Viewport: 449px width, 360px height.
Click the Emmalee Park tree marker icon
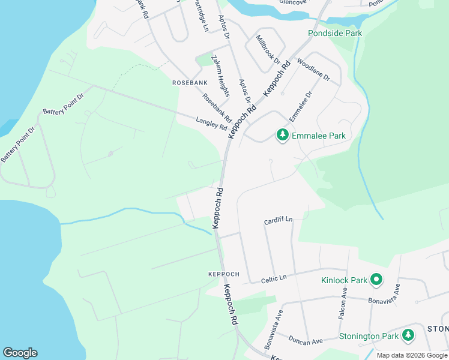pyautogui.click(x=282, y=136)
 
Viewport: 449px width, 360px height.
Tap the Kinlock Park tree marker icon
pyautogui.click(x=376, y=280)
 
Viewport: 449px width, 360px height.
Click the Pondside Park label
pyautogui.click(x=335, y=34)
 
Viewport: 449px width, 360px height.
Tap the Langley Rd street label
pyautogui.click(x=211, y=124)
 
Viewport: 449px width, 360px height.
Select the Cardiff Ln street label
pyautogui.click(x=278, y=221)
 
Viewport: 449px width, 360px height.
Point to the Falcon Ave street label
pyautogui.click(x=344, y=302)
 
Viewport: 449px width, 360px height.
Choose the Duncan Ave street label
pyautogui.click(x=306, y=341)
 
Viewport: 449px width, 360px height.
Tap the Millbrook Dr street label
pyautogui.click(x=268, y=49)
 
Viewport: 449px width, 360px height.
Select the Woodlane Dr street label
pyautogui.click(x=313, y=69)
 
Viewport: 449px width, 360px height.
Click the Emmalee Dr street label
pyautogui.click(x=301, y=106)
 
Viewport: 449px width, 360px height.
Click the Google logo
pyautogui.click(x=20, y=353)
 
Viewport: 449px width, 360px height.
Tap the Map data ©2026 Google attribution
pyautogui.click(x=411, y=355)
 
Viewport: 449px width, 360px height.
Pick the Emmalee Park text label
pyautogui.click(x=318, y=136)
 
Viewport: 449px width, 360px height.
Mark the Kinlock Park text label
pyautogui.click(x=343, y=280)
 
